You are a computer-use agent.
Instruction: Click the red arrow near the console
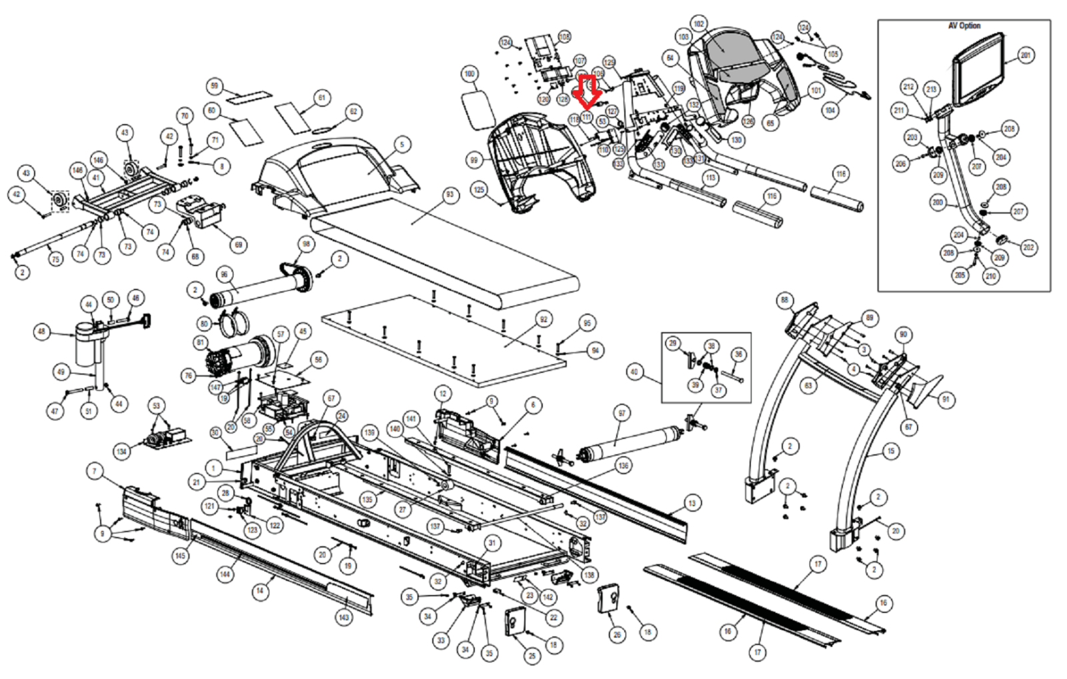(588, 92)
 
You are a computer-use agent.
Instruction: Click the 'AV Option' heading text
(964, 26)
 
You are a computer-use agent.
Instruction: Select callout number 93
(449, 195)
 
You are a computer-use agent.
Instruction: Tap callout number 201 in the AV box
(1026, 55)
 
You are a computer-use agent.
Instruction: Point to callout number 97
(622, 414)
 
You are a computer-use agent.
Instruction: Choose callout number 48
(42, 331)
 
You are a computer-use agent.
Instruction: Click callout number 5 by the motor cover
(401, 144)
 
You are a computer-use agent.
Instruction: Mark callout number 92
(544, 319)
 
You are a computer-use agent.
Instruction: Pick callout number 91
(945, 400)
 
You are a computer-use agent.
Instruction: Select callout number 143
(343, 617)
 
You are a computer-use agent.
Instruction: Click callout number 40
(634, 372)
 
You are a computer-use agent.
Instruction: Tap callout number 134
(121, 452)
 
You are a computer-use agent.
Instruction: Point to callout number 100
(469, 73)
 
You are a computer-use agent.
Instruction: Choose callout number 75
(55, 259)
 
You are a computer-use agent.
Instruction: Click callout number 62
(353, 112)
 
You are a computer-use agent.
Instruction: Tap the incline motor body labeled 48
(85, 344)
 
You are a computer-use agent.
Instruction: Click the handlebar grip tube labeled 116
(837, 198)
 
